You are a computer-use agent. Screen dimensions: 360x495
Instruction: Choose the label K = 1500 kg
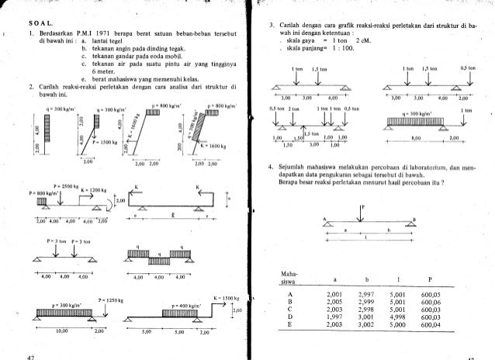226,298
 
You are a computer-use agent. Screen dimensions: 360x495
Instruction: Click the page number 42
31,355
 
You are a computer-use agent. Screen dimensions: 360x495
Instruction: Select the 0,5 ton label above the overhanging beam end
466,67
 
